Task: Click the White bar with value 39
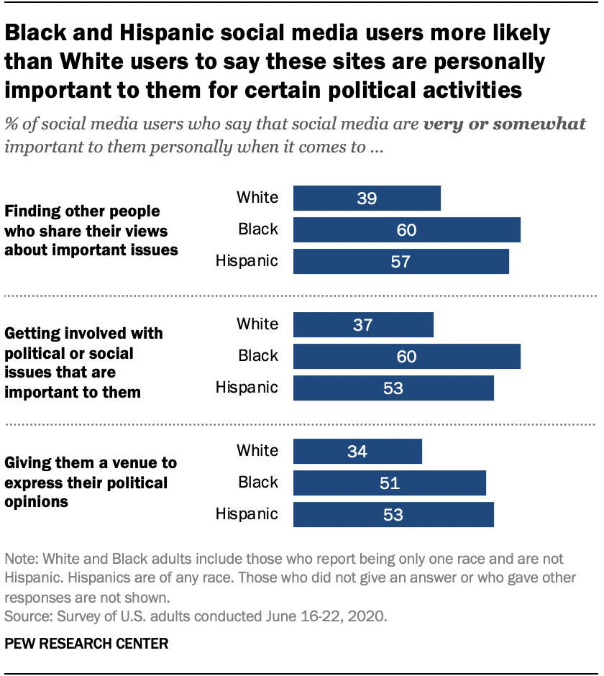pyautogui.click(x=367, y=198)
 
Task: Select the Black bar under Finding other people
pyautogui.click(x=406, y=230)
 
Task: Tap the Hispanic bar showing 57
pyautogui.click(x=401, y=262)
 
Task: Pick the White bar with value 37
pyautogui.click(x=363, y=324)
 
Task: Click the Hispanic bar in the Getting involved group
pyautogui.click(x=393, y=388)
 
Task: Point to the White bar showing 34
pyautogui.click(x=357, y=451)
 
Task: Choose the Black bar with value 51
pyautogui.click(x=389, y=483)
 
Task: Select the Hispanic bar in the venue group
pyautogui.click(x=393, y=515)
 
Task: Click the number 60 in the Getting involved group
pyautogui.click(x=406, y=357)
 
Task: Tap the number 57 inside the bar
pyautogui.click(x=401, y=262)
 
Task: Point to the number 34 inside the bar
pyautogui.click(x=357, y=452)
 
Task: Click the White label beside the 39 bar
pyautogui.click(x=257, y=197)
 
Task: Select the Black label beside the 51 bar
pyautogui.click(x=257, y=482)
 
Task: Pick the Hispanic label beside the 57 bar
pyautogui.click(x=247, y=260)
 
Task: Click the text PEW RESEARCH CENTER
pyautogui.click(x=86, y=644)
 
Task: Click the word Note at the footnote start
pyautogui.click(x=19, y=559)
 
